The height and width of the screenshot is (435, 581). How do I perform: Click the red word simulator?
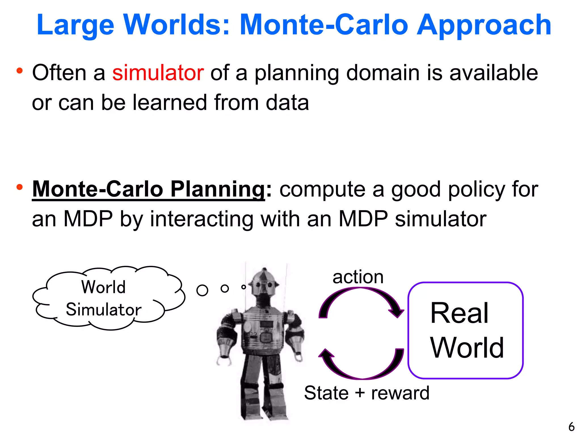pyautogui.click(x=158, y=73)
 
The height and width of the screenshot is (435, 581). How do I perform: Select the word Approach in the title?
pyautogui.click(x=483, y=25)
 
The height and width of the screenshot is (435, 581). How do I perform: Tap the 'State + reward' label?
pyautogui.click(x=367, y=393)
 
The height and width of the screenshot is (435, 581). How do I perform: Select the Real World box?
pyautogui.click(x=465, y=330)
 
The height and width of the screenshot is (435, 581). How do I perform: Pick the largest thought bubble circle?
pyautogui.click(x=202, y=290)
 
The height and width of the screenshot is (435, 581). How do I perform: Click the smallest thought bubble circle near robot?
pyautogui.click(x=243, y=287)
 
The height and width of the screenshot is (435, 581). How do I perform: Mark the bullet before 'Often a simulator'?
pyautogui.click(x=19, y=71)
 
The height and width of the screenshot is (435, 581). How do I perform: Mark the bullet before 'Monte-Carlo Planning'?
pyautogui.click(x=19, y=187)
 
